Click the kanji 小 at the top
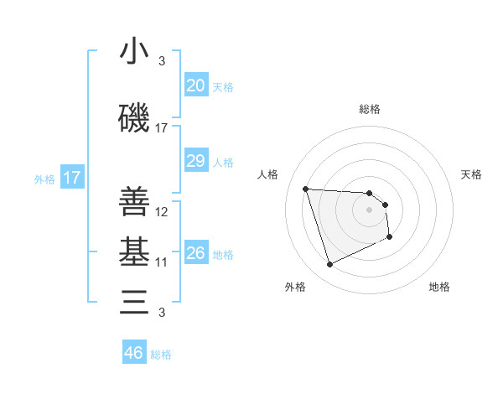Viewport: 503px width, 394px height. (134, 51)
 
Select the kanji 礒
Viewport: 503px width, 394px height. (134, 119)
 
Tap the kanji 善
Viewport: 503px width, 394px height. (134, 202)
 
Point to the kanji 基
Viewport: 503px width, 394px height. (134, 251)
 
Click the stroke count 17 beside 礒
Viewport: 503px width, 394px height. (162, 128)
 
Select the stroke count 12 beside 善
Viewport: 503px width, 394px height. (162, 211)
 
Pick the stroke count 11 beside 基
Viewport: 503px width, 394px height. (162, 262)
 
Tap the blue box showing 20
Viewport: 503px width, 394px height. (195, 86)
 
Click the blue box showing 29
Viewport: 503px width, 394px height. (195, 161)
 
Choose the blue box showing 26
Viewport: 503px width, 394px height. (195, 253)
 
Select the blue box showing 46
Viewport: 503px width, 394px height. (134, 353)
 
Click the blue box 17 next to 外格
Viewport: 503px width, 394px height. (72, 178)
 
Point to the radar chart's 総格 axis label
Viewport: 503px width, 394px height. (369, 109)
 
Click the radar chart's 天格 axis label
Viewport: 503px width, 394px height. (472, 174)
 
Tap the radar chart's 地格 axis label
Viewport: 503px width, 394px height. (439, 287)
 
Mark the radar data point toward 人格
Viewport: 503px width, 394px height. (306, 189)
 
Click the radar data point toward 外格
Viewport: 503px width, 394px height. (329, 265)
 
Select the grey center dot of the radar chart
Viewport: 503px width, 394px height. (369, 210)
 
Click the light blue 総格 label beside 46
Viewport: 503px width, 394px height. (161, 355)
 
